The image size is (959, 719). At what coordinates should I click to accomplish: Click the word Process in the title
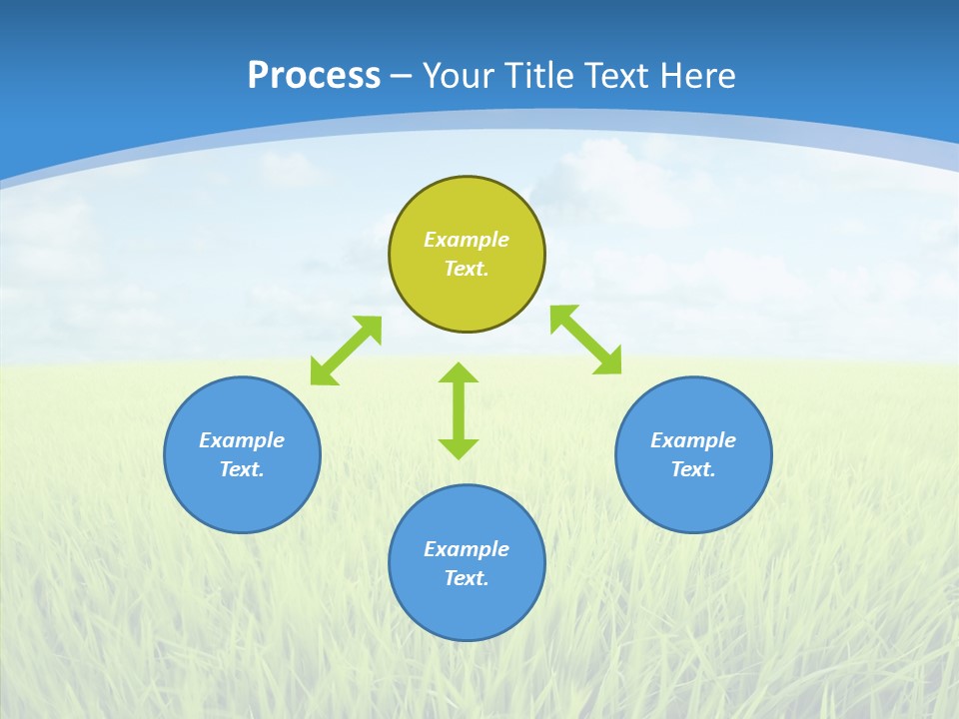point(314,76)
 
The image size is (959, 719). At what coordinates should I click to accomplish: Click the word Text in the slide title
point(616,76)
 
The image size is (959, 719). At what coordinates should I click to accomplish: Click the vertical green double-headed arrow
point(459,410)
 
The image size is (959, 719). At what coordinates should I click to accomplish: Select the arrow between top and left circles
point(346,351)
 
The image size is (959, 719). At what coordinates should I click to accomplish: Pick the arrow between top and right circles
point(586,340)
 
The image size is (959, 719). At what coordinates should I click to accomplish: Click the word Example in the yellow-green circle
point(467,240)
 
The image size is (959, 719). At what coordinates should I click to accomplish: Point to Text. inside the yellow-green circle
point(467,269)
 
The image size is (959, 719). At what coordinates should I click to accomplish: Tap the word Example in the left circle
point(242,440)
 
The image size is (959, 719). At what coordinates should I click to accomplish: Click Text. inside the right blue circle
point(693,469)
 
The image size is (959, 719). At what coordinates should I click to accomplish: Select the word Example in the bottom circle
point(467,549)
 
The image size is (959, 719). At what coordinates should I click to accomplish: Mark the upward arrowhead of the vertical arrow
point(459,373)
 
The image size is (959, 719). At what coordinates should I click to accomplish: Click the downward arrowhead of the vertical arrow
point(459,448)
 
